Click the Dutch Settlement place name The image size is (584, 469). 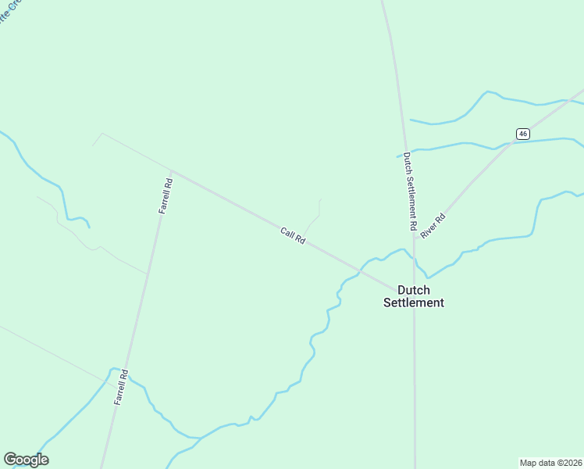(414, 296)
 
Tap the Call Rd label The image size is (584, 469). (293, 235)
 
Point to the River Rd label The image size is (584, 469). (432, 225)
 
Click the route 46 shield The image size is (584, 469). (522, 133)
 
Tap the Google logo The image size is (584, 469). (26, 460)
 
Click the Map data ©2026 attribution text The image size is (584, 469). (550, 462)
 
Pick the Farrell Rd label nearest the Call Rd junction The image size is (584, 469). (165, 196)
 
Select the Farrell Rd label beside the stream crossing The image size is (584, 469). (120, 387)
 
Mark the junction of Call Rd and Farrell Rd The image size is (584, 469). (170, 170)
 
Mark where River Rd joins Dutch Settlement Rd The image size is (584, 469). (415, 238)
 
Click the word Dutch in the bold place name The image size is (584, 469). (414, 290)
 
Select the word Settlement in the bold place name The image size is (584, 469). (414, 303)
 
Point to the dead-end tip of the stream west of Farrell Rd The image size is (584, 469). (89, 227)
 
